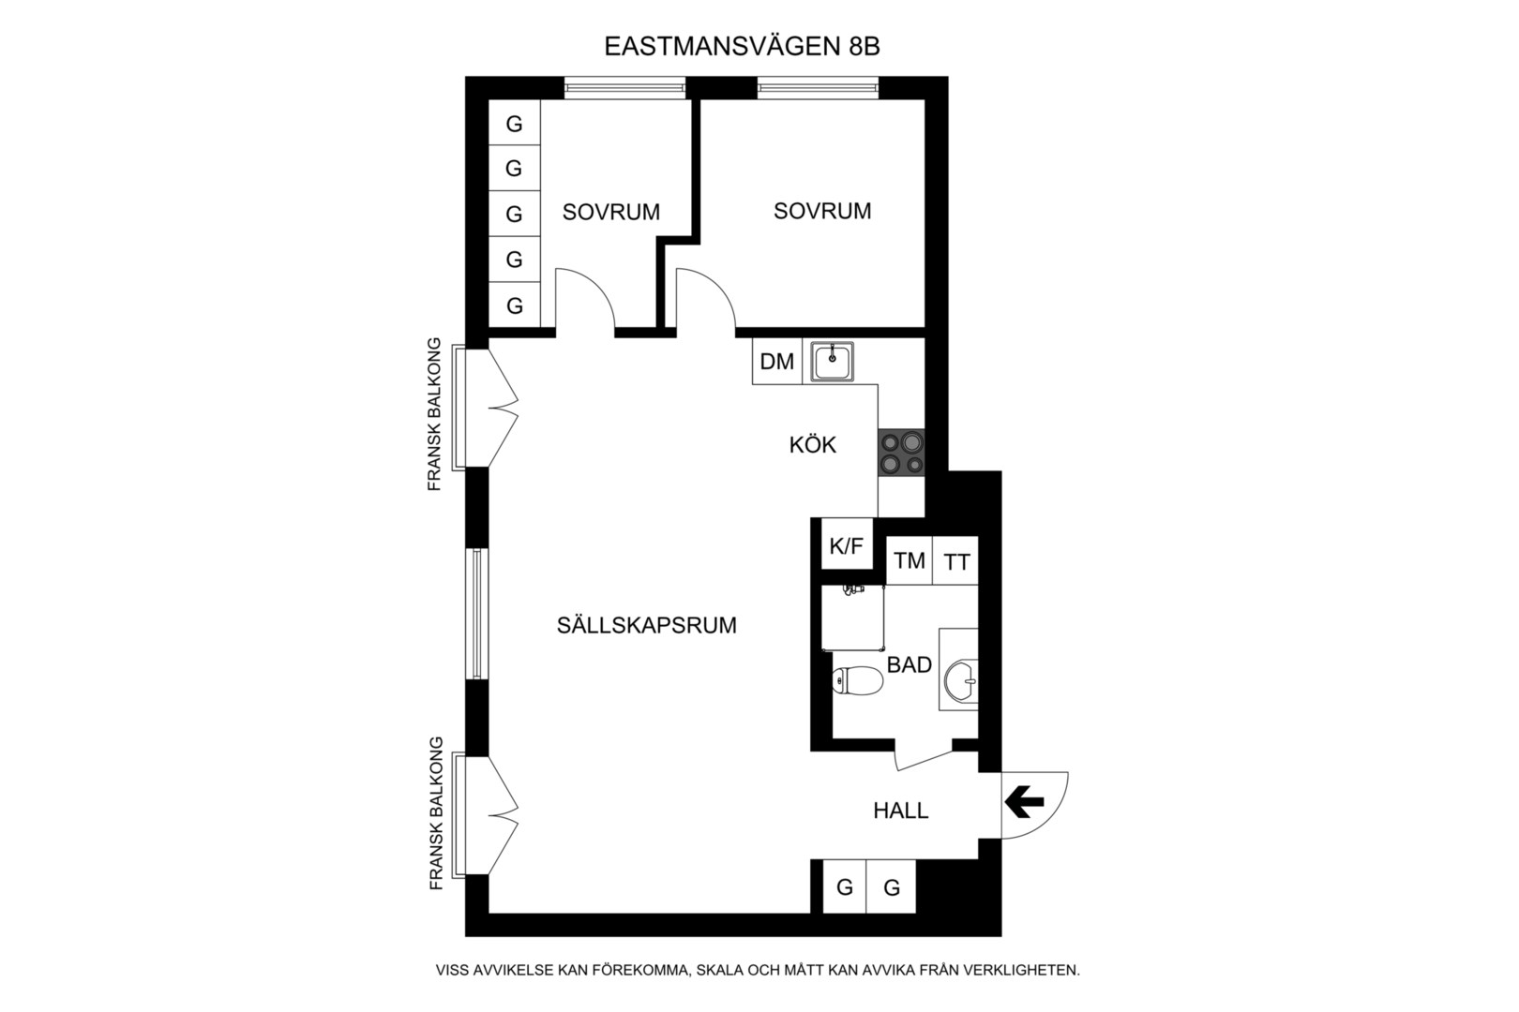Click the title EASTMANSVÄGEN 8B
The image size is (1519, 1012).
click(x=742, y=46)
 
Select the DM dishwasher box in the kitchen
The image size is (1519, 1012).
click(x=777, y=362)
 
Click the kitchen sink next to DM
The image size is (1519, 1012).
click(x=832, y=362)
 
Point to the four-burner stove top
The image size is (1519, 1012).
click(x=901, y=452)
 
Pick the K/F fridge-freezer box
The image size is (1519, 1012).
click(x=847, y=544)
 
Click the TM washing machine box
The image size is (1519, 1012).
click(x=910, y=560)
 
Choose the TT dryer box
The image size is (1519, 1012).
click(x=955, y=560)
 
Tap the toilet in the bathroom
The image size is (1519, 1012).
click(x=858, y=680)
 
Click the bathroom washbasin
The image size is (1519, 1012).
click(x=960, y=680)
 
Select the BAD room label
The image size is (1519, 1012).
click(x=909, y=665)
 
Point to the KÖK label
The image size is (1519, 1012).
click(x=812, y=445)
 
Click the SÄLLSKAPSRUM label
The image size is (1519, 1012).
click(x=646, y=625)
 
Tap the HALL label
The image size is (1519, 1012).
click(x=900, y=811)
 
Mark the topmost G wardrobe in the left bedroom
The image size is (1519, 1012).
click(x=514, y=123)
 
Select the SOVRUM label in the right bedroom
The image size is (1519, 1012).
click(x=822, y=211)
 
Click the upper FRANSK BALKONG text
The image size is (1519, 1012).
click(x=434, y=414)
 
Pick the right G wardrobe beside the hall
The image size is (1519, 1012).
click(x=891, y=886)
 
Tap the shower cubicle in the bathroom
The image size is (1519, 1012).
click(x=852, y=618)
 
